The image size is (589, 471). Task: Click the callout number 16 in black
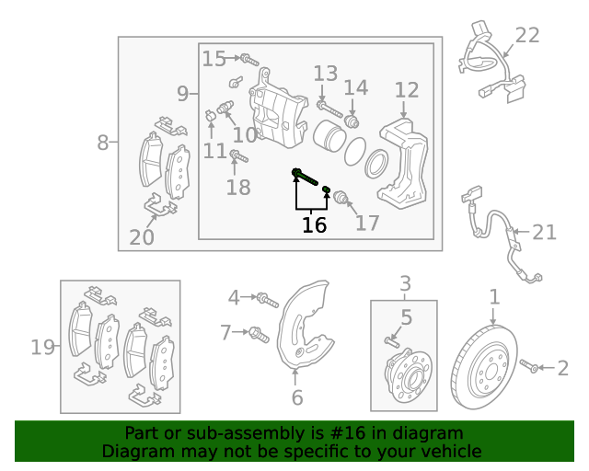314,224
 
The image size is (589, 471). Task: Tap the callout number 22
527,36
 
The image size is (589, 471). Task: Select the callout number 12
406,90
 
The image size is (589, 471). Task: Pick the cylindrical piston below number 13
329,136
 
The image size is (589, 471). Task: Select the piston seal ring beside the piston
375,164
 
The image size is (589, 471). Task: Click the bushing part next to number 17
340,196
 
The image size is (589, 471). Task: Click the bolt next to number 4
266,298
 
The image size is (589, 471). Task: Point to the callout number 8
102,143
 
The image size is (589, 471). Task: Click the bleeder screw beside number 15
247,60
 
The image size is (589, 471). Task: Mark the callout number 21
544,232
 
